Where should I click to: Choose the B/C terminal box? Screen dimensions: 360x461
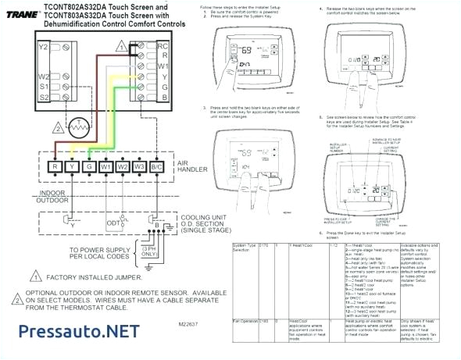(157, 166)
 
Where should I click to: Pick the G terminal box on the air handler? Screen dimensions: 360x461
(88, 166)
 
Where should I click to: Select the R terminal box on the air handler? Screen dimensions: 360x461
(54, 166)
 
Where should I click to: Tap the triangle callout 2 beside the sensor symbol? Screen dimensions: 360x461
(57, 128)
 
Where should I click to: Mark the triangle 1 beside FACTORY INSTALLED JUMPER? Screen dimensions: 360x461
(34, 276)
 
